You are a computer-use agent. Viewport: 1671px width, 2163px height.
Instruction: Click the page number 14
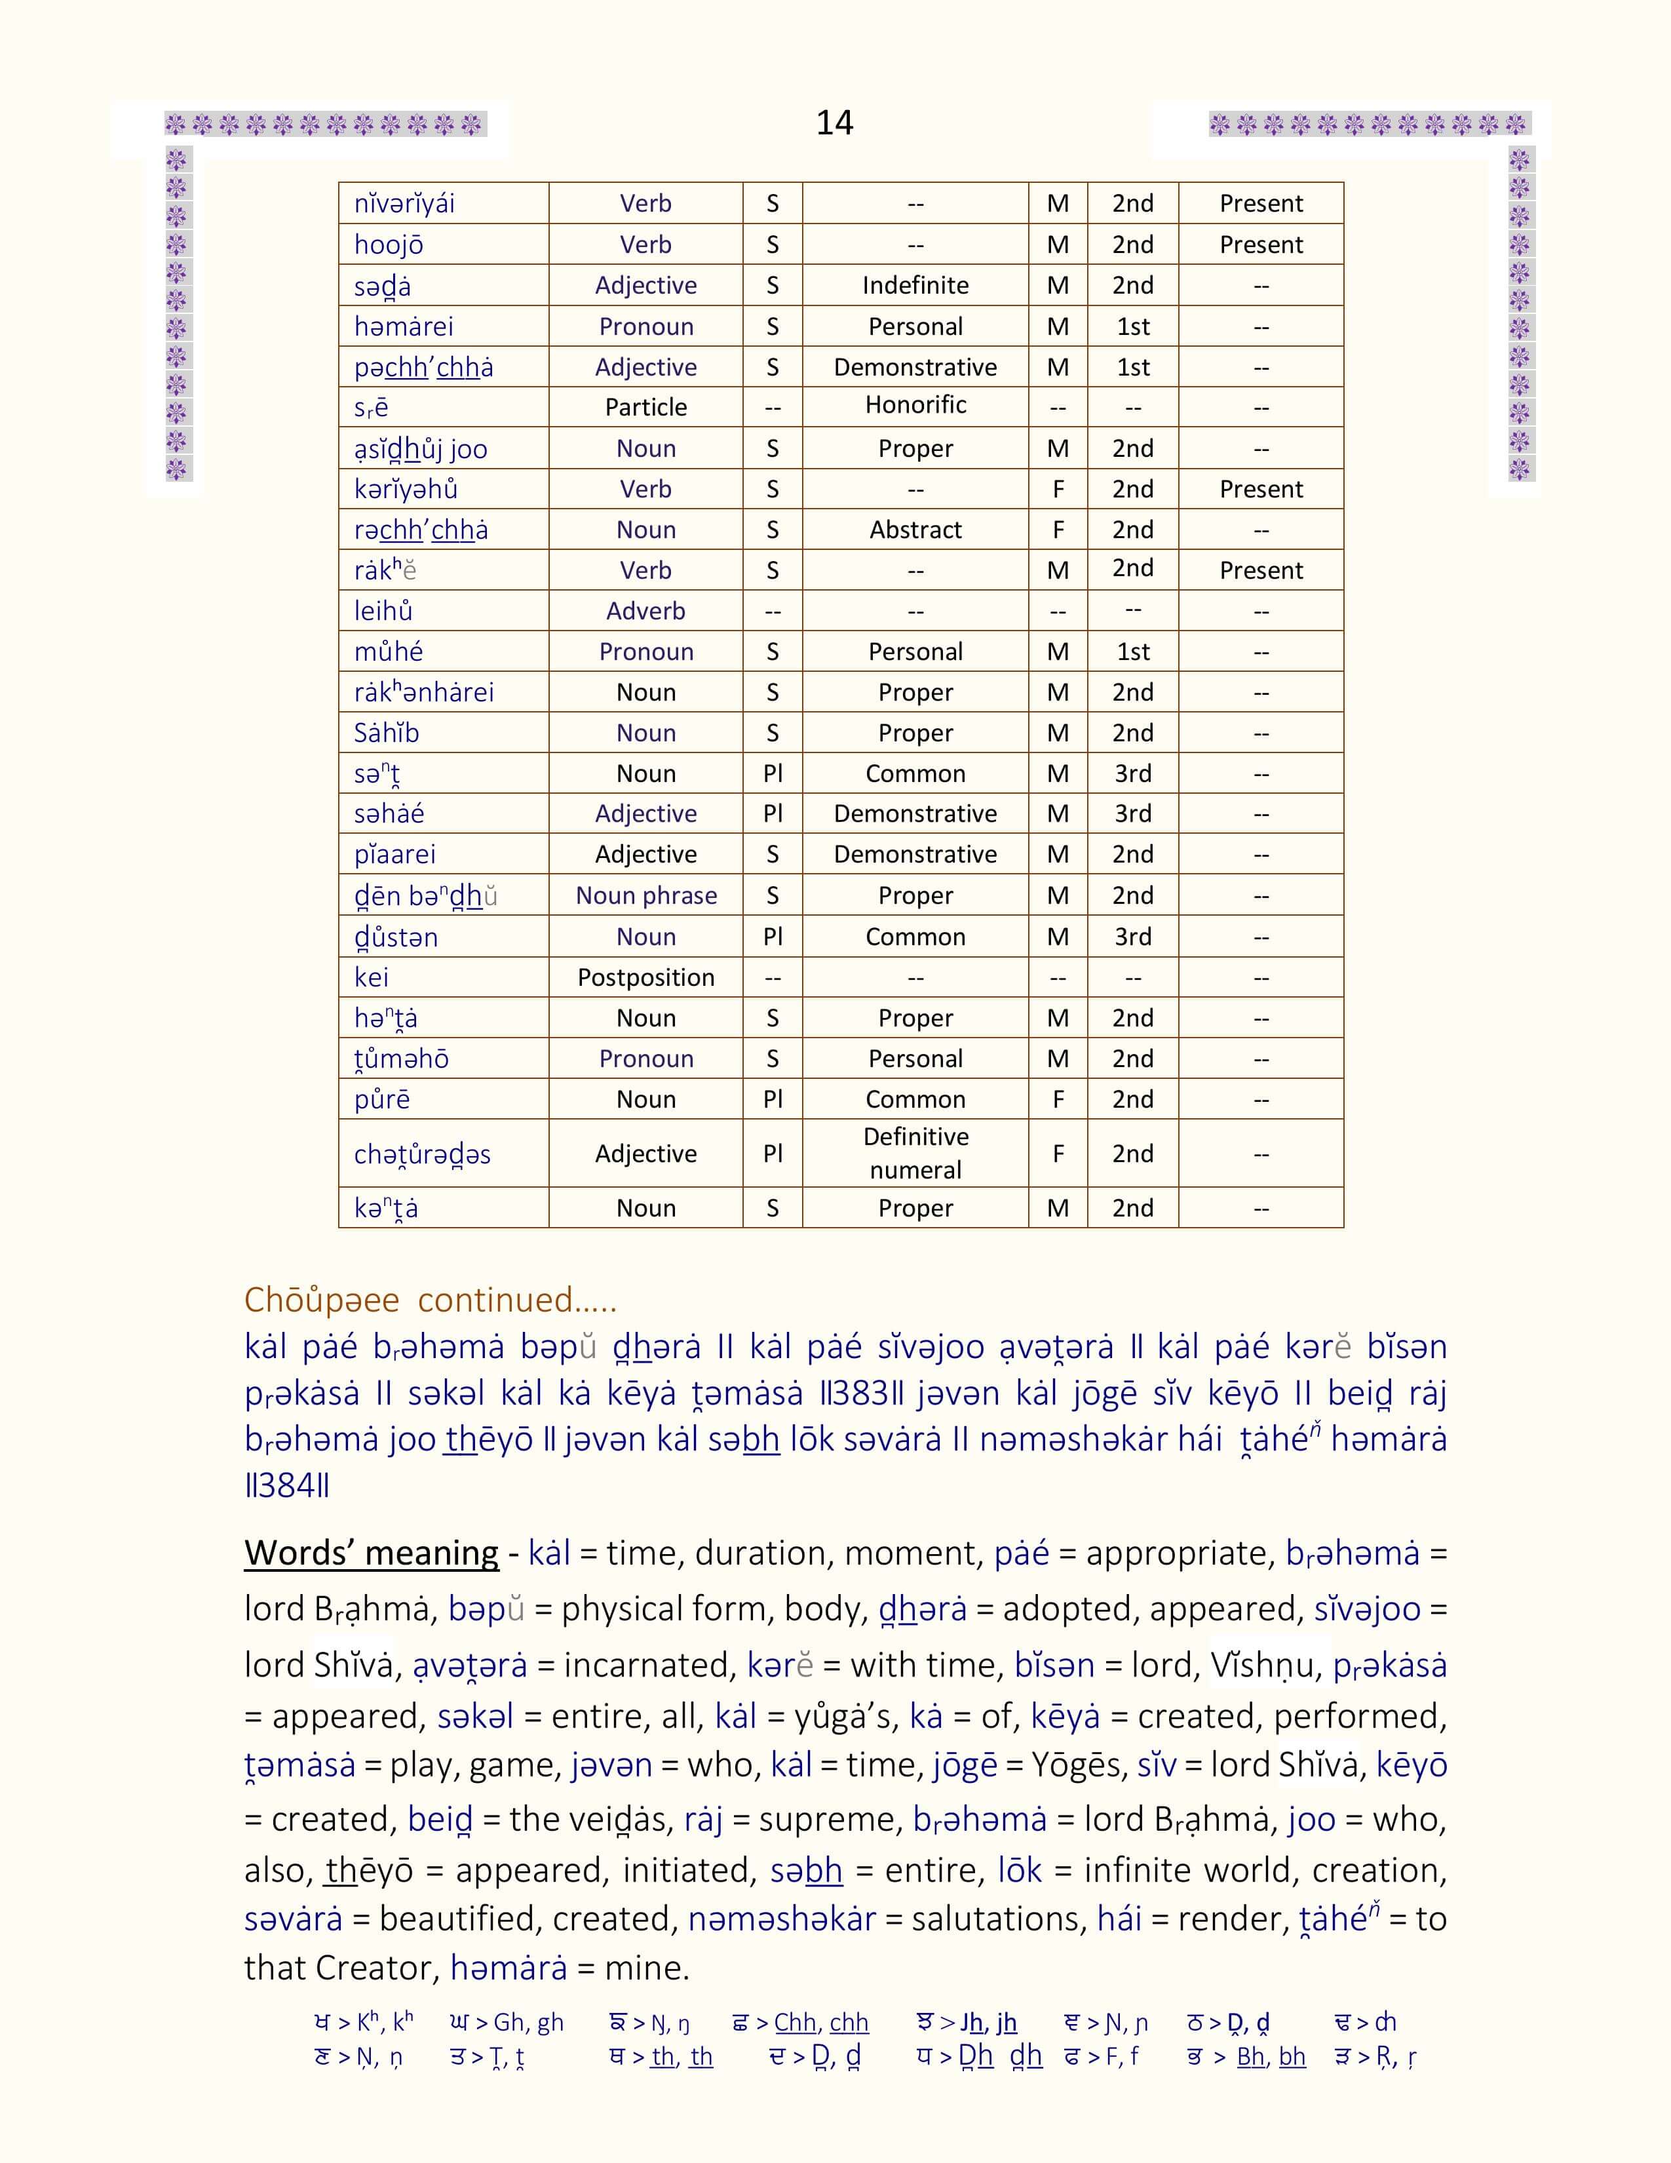(x=834, y=123)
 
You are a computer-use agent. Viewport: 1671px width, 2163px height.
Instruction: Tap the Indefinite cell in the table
(x=915, y=285)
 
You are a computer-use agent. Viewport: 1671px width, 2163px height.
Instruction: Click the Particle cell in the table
(x=645, y=407)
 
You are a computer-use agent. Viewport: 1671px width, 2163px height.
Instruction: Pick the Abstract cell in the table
(x=915, y=530)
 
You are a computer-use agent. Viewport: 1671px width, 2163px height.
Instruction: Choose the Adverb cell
(x=645, y=611)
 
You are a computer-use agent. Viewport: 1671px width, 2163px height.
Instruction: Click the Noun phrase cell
(x=645, y=895)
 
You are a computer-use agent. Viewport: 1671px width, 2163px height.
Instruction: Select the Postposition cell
(x=645, y=977)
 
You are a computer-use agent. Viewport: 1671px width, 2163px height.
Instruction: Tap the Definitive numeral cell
(x=915, y=1153)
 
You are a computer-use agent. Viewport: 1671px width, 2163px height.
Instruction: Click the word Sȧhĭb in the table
(x=386, y=733)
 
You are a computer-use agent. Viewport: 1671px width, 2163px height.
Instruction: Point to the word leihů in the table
(x=383, y=611)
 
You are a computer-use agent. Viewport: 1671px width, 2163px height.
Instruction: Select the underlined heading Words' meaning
(x=371, y=1553)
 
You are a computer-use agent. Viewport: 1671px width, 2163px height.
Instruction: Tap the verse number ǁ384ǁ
(x=287, y=1485)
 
